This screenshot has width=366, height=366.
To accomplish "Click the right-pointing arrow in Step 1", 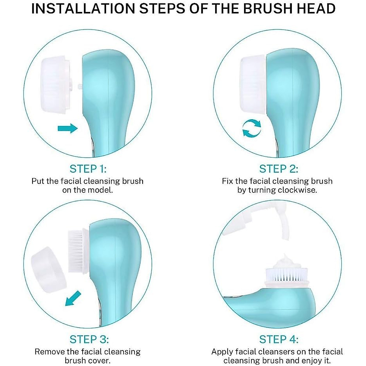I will point(68,128).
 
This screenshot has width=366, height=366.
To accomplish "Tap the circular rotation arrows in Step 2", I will point(252,128).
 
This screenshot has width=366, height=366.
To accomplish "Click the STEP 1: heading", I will point(88,169).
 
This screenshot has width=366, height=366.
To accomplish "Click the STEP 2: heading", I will point(278,169).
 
